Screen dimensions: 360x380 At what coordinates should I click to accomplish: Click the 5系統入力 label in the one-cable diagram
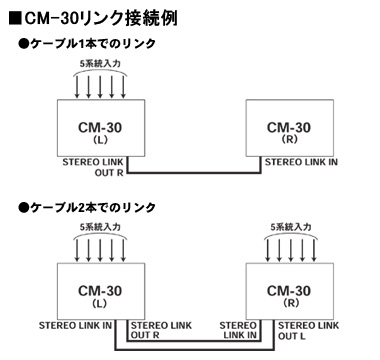(x=97, y=63)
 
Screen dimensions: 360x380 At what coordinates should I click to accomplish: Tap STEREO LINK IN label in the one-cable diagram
(x=296, y=162)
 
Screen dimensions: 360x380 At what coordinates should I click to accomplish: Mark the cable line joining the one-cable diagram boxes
(x=190, y=174)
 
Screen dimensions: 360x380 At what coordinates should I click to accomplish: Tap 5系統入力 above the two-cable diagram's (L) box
(x=97, y=226)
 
